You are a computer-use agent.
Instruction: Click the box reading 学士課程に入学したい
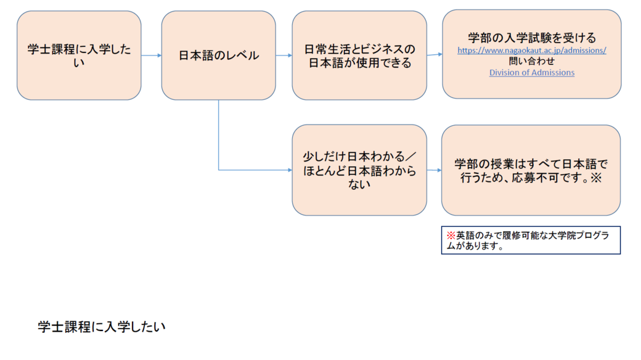coord(79,55)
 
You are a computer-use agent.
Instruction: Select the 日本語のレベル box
coord(218,55)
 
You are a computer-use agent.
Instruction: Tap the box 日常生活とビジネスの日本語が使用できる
coord(359,55)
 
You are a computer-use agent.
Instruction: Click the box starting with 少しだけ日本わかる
coord(359,170)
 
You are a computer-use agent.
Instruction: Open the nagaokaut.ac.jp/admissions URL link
coord(531,51)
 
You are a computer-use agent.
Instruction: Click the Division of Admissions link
coord(531,73)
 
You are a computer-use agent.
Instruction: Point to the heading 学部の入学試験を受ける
coord(531,38)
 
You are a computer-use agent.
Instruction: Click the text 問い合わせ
coord(531,62)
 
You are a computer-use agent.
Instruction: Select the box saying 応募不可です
coord(531,170)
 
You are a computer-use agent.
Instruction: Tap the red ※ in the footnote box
coord(451,235)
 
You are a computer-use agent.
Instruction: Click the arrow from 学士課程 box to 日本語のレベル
coord(151,55)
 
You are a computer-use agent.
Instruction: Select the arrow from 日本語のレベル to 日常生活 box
coord(284,55)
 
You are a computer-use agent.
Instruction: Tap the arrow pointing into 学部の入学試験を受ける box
coord(435,54)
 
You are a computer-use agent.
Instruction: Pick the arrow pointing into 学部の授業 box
coord(434,170)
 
